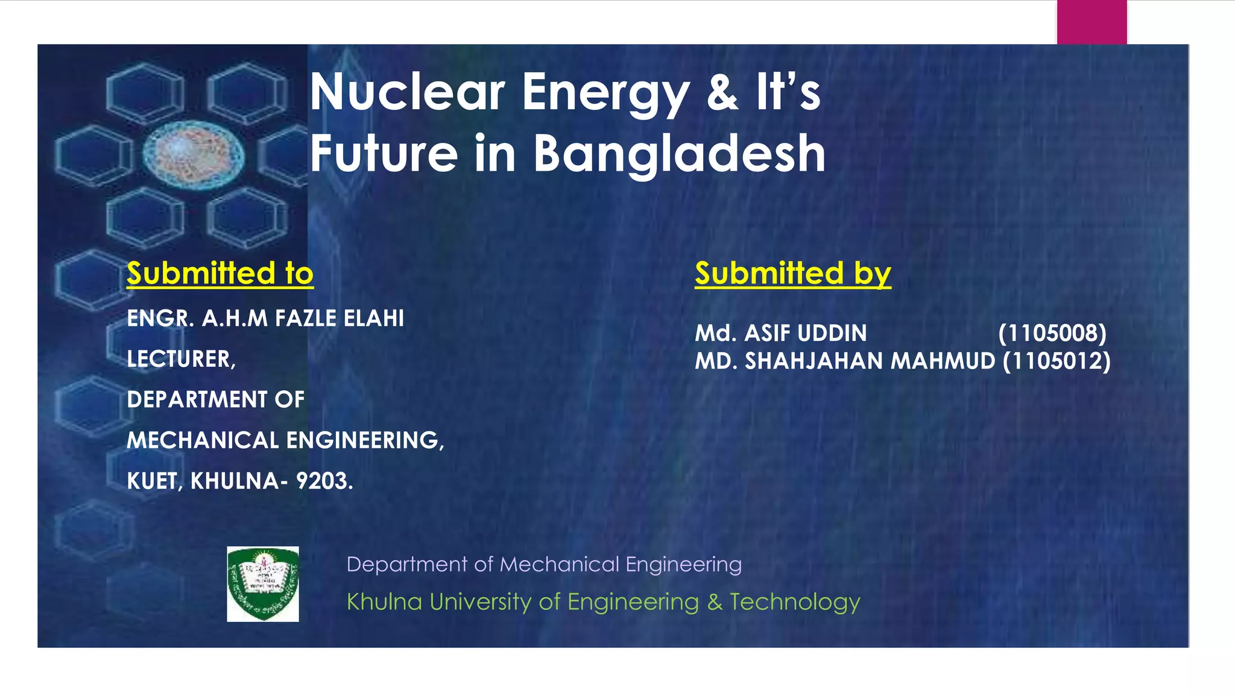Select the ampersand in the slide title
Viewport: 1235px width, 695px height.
[x=722, y=92]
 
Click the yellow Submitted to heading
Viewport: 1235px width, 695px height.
[x=220, y=273]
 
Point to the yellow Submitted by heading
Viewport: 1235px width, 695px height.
[x=792, y=273]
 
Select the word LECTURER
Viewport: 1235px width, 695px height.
[x=180, y=360]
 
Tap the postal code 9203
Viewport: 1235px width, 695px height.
[x=323, y=481]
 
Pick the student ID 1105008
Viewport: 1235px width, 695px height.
[x=1052, y=333]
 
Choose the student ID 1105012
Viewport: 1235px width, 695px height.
[x=1057, y=361]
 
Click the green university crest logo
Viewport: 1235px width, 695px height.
[x=263, y=584]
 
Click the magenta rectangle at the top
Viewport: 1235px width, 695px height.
[x=1091, y=22]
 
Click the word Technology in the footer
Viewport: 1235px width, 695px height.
[x=795, y=602]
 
